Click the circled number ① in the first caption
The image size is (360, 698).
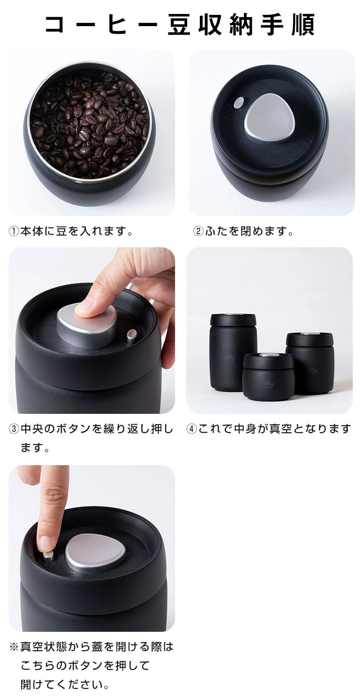tap(14, 232)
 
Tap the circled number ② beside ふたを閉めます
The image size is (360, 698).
tap(198, 232)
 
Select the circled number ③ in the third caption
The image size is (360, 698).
tap(14, 429)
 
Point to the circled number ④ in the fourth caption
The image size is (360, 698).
tap(192, 429)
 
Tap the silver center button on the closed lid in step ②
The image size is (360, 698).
tap(269, 118)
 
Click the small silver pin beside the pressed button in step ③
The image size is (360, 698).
tap(132, 335)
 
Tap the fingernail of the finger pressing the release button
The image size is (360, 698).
tap(46, 544)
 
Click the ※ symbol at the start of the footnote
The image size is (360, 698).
tap(14, 647)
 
